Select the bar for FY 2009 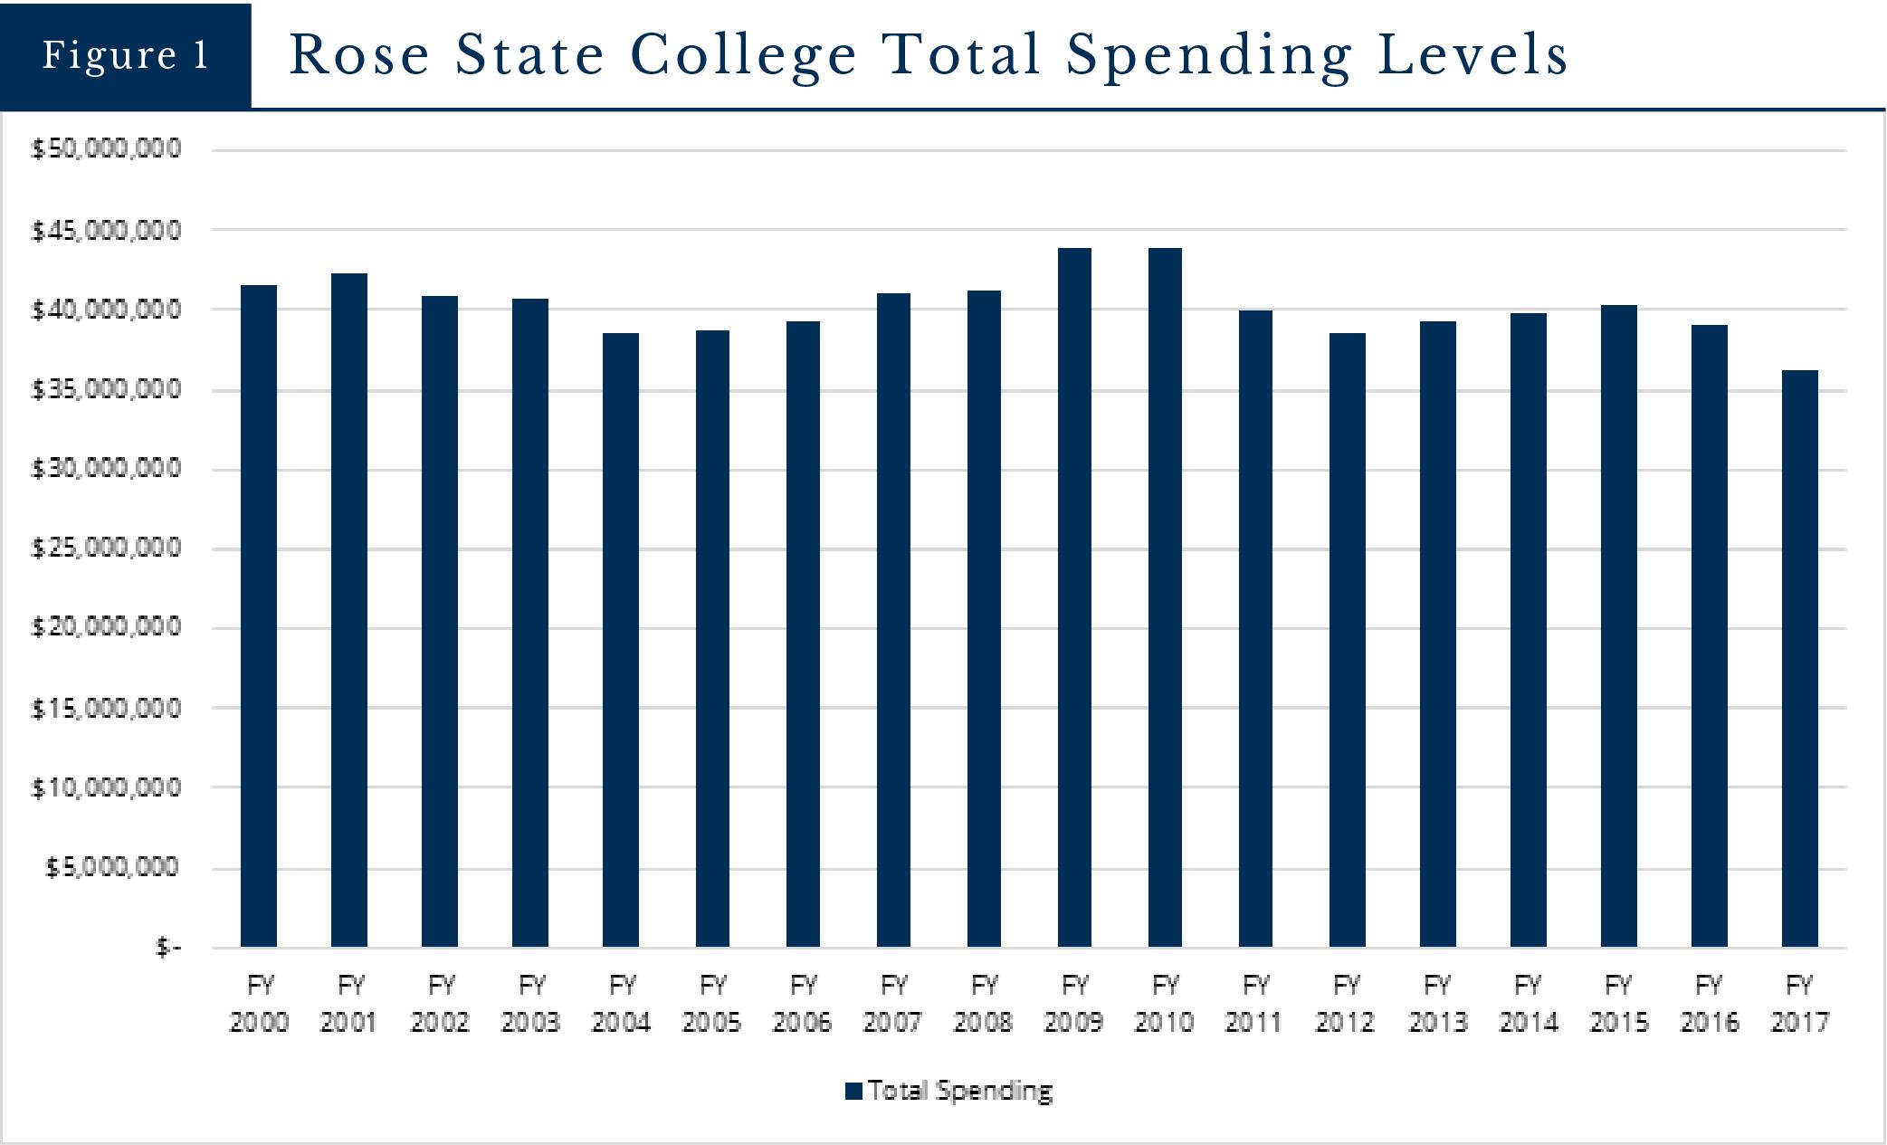[1074, 597]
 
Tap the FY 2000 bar [259, 615]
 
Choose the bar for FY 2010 [1165, 597]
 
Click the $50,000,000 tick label [107, 148]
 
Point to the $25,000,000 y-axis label [107, 548]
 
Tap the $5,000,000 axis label [113, 867]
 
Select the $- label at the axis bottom [168, 947]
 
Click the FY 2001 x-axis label [349, 1003]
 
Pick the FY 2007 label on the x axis [893, 1003]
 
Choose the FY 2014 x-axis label [1528, 1003]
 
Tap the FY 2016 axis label [1709, 1003]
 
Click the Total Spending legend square [853, 1091]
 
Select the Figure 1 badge [126, 55]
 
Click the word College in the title [743, 54]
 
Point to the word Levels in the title [1472, 54]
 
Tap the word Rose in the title [359, 54]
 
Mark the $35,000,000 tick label [107, 389]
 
